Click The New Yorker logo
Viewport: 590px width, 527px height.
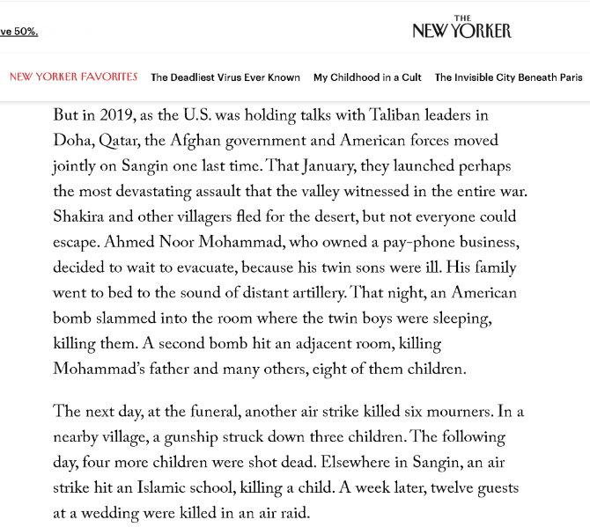(x=461, y=28)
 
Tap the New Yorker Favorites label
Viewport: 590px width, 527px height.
(x=73, y=77)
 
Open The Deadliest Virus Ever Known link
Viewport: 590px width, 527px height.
(x=225, y=77)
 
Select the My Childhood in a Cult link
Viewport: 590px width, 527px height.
(x=367, y=77)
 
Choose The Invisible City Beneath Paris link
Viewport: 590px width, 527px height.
(x=508, y=77)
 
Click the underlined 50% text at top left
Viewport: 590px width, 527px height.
(x=18, y=32)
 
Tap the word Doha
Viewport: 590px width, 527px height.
(x=73, y=141)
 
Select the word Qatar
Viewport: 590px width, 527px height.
(x=122, y=141)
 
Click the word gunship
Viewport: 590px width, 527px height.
(x=199, y=436)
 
